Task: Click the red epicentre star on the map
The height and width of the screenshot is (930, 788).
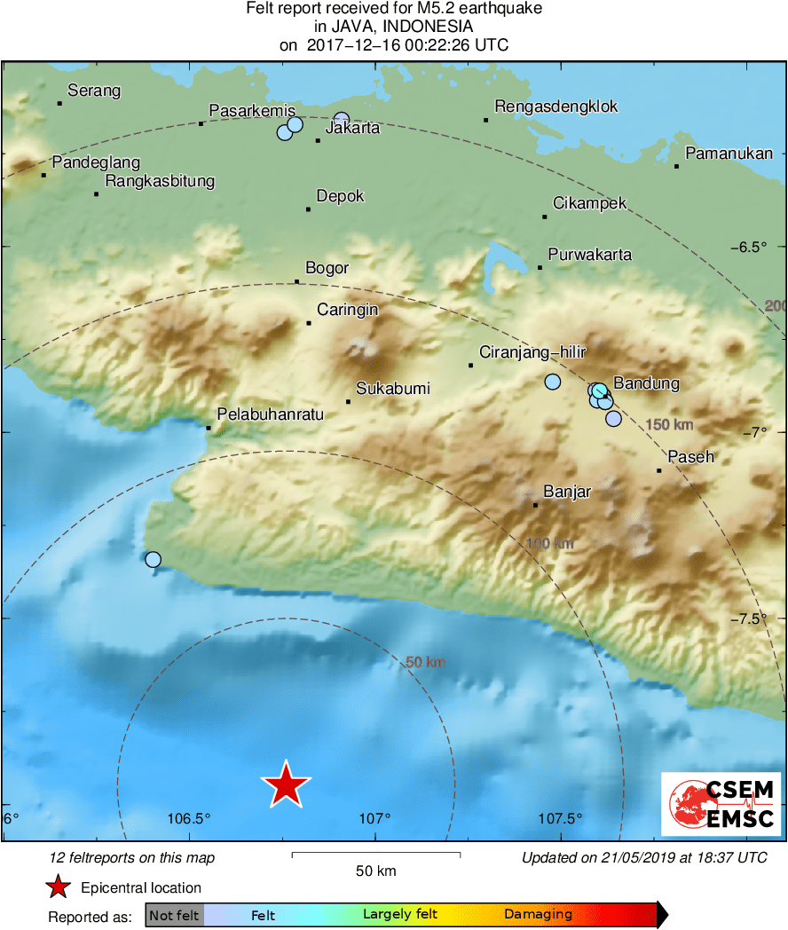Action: click(x=286, y=785)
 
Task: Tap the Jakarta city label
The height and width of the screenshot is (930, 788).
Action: click(x=353, y=128)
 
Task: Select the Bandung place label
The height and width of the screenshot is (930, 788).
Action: click(x=646, y=383)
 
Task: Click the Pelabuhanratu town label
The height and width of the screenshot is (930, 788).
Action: click(x=271, y=414)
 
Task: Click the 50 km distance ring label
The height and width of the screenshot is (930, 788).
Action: click(x=425, y=662)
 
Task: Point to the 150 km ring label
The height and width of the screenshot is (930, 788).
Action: click(x=670, y=424)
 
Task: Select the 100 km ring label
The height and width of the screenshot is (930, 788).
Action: click(x=550, y=544)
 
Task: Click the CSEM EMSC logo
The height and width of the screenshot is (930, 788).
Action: click(x=721, y=804)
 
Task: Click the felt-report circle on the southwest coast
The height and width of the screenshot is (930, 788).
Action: click(x=154, y=559)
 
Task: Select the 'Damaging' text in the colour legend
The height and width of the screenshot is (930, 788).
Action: click(x=538, y=914)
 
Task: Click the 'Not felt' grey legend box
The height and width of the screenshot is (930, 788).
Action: click(x=175, y=914)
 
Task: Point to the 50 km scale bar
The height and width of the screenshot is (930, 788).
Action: click(x=375, y=855)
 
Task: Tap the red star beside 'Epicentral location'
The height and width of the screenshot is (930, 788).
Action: click(x=59, y=887)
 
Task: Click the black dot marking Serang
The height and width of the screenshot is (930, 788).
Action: click(x=59, y=103)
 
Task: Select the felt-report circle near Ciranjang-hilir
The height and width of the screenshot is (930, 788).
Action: click(x=553, y=382)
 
